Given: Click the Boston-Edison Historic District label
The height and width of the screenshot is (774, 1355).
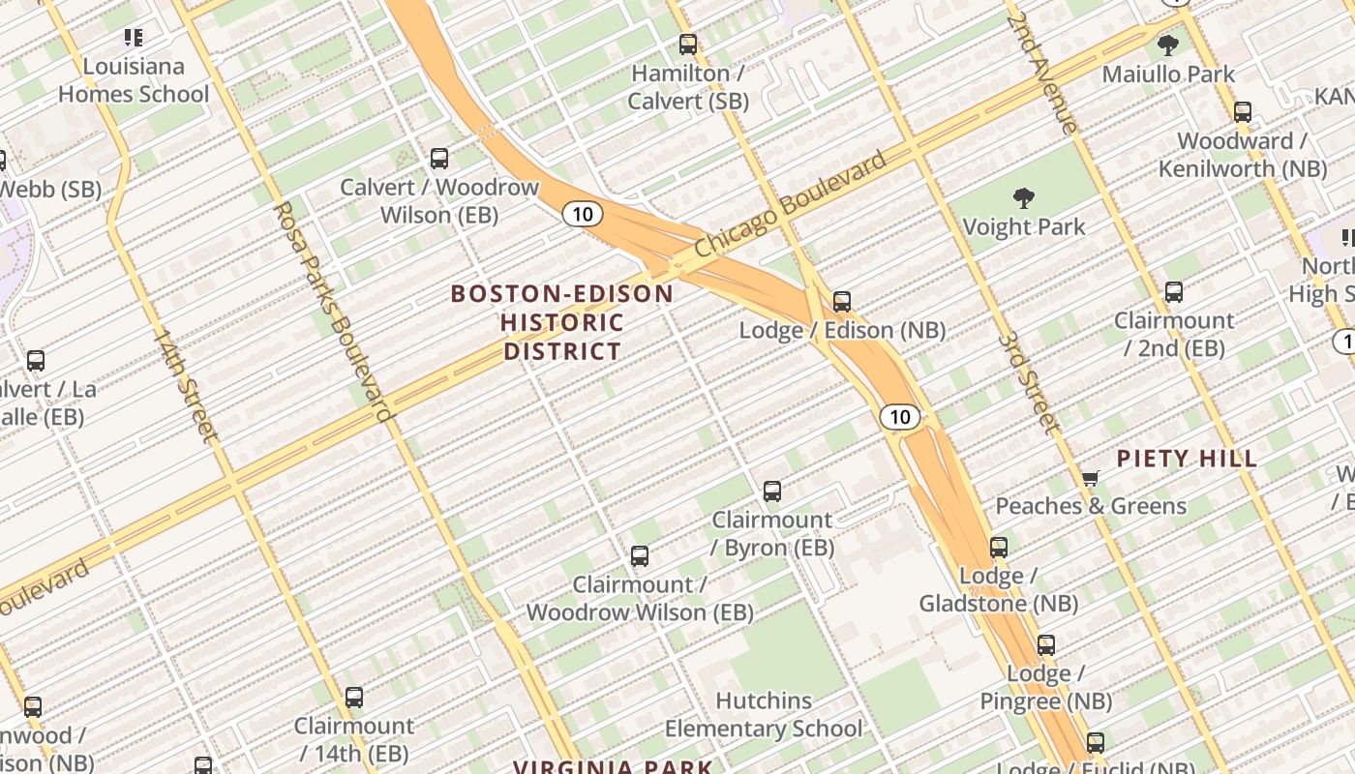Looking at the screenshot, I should (562, 322).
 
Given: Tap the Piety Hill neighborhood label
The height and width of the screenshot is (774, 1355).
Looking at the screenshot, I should (1187, 459).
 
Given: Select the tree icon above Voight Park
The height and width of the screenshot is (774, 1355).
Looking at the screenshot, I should (1024, 199).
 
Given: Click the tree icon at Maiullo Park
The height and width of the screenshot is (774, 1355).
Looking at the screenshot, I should (1168, 45).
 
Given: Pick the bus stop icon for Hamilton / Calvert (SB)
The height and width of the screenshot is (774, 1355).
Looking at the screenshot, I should (688, 45).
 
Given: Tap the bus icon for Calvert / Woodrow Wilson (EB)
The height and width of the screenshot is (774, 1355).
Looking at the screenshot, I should (439, 159).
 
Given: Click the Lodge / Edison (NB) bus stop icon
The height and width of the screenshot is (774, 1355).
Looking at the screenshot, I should (842, 302).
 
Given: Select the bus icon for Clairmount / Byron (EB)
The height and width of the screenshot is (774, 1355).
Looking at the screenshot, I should (772, 491).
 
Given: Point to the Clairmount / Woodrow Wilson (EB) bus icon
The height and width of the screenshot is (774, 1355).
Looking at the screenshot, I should (640, 556).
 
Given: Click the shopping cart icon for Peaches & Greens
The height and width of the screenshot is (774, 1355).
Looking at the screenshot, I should (1091, 478).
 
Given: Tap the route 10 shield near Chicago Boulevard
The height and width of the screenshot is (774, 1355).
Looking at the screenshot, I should (582, 214).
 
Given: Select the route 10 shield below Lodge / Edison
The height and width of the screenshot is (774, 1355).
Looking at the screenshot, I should (900, 417).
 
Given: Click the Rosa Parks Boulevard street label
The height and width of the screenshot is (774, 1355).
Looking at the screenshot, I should (334, 312).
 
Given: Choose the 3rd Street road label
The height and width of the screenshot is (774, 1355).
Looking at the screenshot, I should (1027, 382).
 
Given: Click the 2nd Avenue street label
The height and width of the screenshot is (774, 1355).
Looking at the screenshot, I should (1041, 73).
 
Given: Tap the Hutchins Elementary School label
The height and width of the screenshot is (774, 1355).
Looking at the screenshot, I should (763, 715).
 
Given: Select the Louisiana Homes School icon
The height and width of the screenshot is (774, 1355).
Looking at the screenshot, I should (134, 39).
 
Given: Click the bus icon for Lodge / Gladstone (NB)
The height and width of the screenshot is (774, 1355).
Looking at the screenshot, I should (999, 548).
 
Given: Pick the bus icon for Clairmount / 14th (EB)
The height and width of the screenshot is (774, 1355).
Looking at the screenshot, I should (354, 698).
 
